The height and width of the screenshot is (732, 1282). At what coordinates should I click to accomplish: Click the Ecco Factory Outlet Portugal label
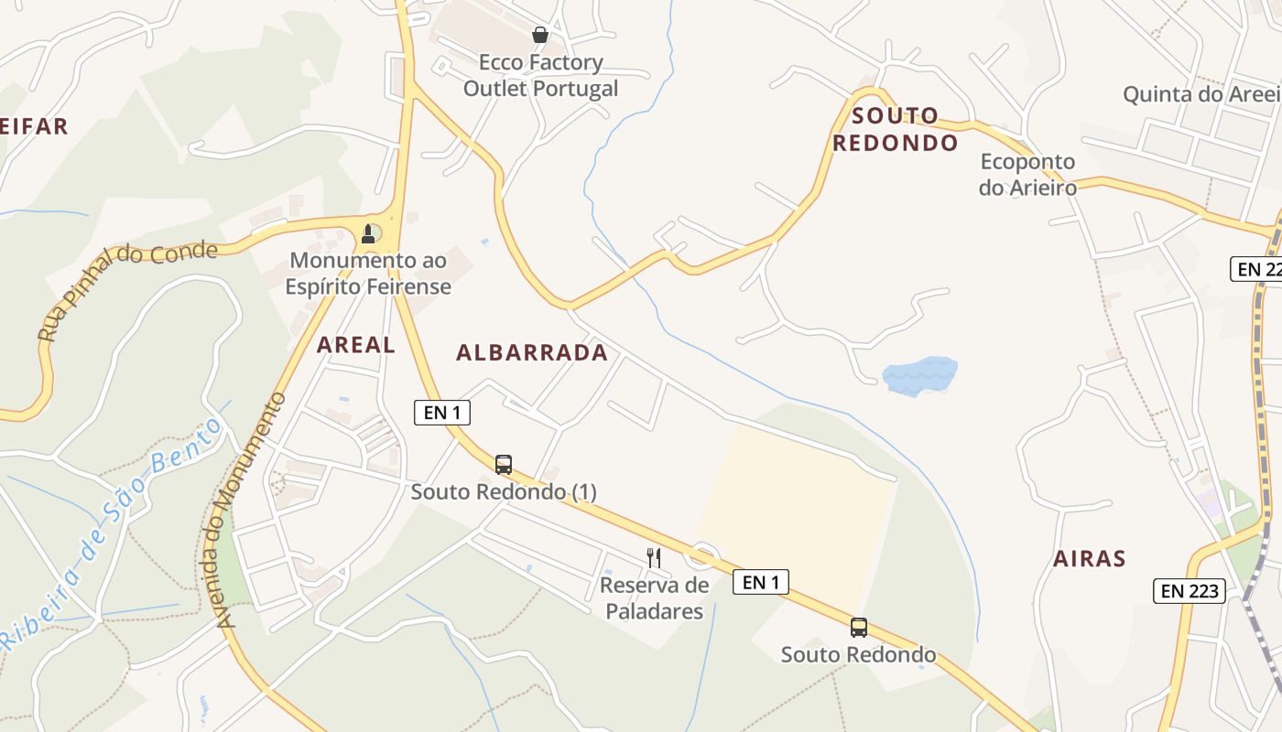coord(540,76)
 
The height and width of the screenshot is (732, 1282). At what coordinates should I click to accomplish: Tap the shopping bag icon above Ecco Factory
coord(540,35)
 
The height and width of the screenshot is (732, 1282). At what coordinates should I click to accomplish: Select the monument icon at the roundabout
coord(368,234)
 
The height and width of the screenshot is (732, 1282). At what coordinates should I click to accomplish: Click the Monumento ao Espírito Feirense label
coord(367,274)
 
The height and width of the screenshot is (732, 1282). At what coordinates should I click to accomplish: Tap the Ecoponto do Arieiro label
coord(1027,175)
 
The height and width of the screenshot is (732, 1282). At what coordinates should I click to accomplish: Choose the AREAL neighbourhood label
coord(356,345)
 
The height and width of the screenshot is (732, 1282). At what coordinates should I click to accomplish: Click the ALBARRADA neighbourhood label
coord(532,352)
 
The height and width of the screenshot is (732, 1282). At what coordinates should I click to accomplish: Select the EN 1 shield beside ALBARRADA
coord(442,413)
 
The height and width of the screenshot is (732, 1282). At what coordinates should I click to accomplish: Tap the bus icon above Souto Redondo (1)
coord(504,464)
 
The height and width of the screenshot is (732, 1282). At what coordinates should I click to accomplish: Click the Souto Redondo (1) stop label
coord(504,491)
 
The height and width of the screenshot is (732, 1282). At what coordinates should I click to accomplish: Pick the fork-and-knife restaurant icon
coord(654,557)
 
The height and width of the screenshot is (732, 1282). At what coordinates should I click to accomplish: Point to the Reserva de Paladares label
coord(654,598)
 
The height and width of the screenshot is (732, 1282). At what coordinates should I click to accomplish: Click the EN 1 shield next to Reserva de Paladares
coord(761,582)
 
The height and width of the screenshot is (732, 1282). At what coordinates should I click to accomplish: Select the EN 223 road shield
coord(1190,591)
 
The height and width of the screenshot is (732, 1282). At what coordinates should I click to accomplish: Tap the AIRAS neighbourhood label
coord(1089,558)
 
